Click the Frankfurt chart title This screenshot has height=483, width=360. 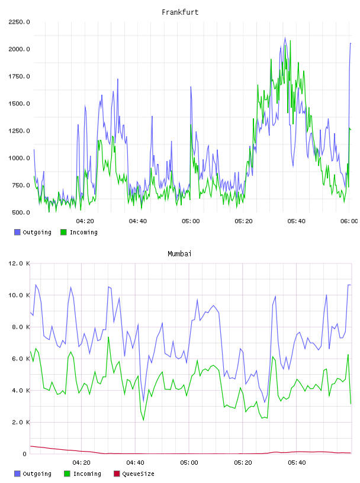tap(180, 12)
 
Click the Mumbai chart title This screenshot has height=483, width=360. tap(179, 254)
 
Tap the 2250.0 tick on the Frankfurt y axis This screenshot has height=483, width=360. tap(19, 22)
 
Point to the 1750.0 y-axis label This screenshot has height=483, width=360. tap(19, 76)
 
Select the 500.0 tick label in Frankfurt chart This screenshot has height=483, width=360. tap(21, 212)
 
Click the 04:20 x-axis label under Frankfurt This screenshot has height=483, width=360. tap(85, 221)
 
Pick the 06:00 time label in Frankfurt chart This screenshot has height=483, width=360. tap(349, 221)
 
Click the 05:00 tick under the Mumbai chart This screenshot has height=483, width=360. tap(189, 463)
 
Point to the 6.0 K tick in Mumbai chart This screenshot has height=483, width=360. tap(21, 359)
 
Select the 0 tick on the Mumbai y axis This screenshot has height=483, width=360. tap(24, 454)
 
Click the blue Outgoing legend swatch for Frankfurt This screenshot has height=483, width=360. tap(17, 232)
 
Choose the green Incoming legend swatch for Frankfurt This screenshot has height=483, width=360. tap(63, 232)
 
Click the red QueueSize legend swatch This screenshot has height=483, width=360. tap(117, 474)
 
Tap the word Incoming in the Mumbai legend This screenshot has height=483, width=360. tap(87, 474)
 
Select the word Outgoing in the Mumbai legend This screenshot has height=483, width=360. tap(37, 474)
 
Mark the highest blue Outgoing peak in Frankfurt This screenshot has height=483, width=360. tap(285, 38)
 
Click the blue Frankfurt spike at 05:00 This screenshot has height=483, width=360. tap(191, 87)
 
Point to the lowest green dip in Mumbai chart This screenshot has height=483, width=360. tap(144, 420)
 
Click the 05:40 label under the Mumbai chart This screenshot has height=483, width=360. tap(297, 463)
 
